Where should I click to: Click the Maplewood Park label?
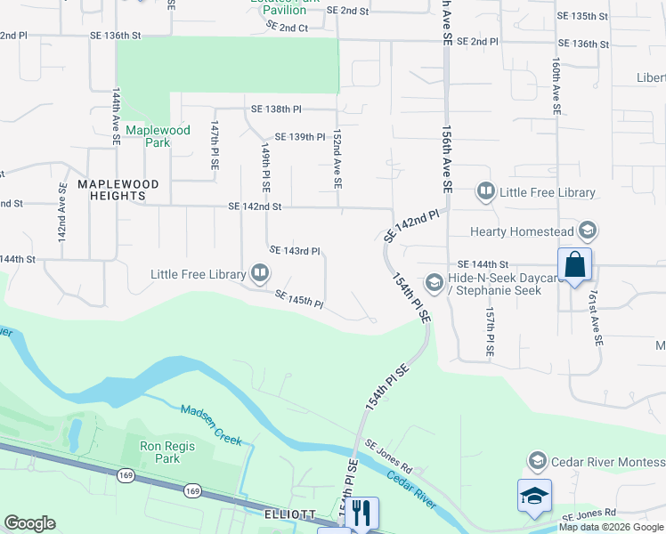(x=158, y=136)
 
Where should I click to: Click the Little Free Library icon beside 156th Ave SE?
(x=486, y=190)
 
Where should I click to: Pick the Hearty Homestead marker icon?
(x=587, y=231)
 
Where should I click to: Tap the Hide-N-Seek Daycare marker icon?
(x=435, y=283)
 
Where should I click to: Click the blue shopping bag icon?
(x=574, y=263)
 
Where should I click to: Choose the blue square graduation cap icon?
(x=534, y=496)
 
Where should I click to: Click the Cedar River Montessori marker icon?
(x=537, y=461)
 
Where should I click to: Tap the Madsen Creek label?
(x=211, y=421)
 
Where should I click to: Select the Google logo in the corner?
(x=29, y=523)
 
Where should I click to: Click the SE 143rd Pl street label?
(x=294, y=251)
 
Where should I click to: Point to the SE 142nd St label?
(x=255, y=206)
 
